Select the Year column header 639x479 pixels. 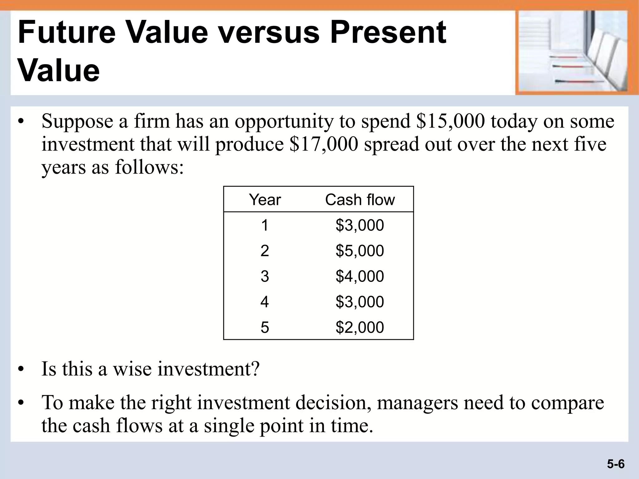point(265,200)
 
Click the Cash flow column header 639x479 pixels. point(360,200)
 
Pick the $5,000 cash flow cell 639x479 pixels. point(360,251)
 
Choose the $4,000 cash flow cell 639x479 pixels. point(360,276)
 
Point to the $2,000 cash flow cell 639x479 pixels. point(360,327)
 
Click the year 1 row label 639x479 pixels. point(265,225)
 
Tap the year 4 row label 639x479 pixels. point(265,302)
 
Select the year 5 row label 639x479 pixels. point(265,327)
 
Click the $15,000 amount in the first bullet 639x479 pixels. point(450,121)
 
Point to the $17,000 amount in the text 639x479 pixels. point(324,144)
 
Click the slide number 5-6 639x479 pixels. point(616,464)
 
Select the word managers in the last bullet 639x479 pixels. point(417,402)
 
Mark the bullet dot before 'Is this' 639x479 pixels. point(21,370)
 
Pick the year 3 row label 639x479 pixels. point(265,276)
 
